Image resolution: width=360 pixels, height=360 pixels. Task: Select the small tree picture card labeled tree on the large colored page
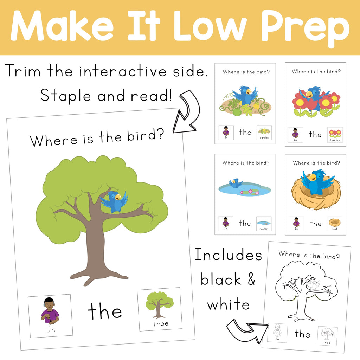coord(160,309)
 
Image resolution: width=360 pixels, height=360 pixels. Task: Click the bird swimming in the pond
coord(235,183)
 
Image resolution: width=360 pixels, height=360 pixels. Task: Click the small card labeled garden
coord(264,133)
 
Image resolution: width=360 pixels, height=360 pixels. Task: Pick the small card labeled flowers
coord(335,135)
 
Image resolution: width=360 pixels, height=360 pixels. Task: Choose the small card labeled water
coord(264,224)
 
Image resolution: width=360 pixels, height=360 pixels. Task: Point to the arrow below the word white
coord(246,330)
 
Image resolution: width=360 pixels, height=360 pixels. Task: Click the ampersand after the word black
coord(251,279)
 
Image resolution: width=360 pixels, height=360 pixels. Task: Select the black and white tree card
coord(327,336)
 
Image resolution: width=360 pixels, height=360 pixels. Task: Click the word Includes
coord(228,255)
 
